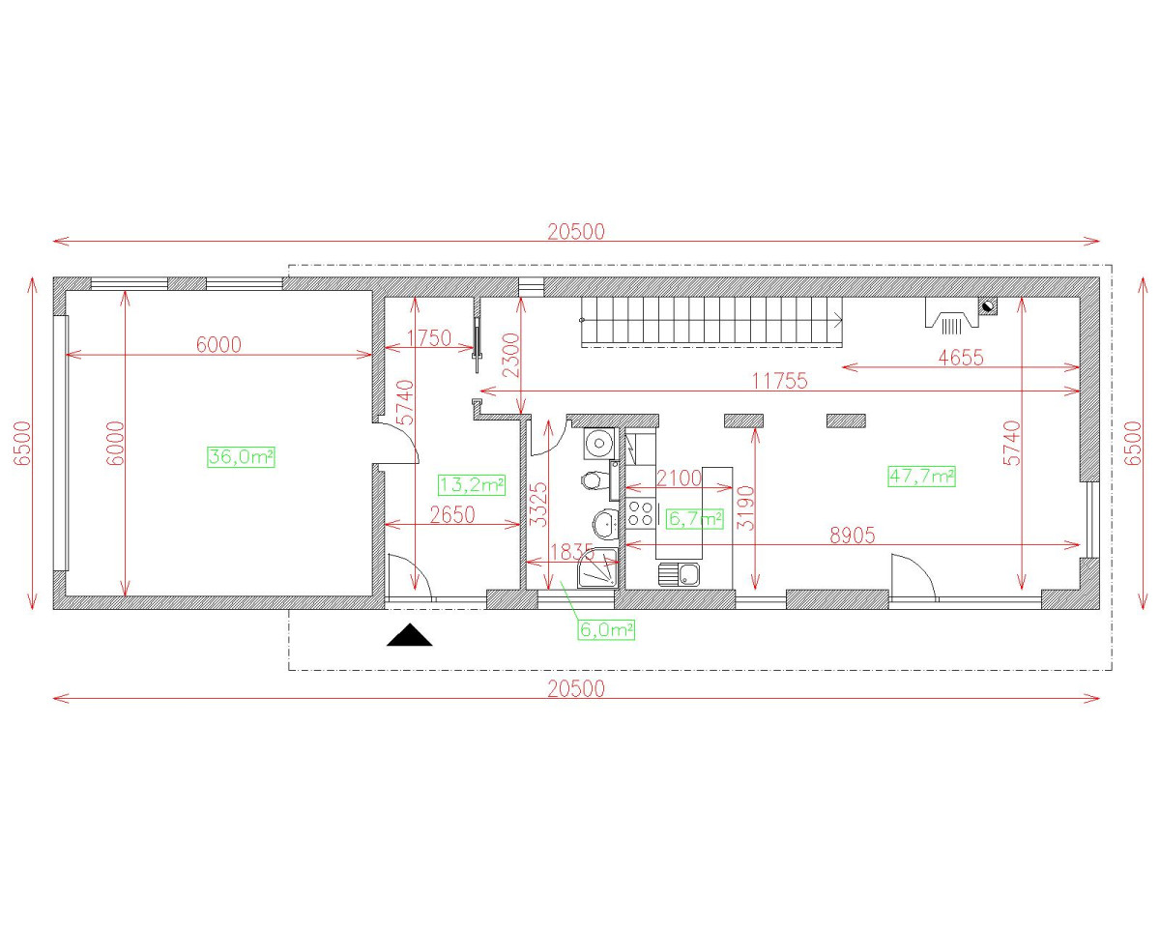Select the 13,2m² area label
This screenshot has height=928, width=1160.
tap(472, 484)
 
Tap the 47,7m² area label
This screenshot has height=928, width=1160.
tap(922, 477)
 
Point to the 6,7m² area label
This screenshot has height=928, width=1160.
tap(695, 519)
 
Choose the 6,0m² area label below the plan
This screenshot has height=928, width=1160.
tap(606, 629)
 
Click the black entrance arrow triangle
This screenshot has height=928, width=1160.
tap(410, 635)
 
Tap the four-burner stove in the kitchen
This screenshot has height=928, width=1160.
tap(641, 513)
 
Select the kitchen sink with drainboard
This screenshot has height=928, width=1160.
tap(680, 574)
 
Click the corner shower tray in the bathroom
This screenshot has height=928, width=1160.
tap(597, 567)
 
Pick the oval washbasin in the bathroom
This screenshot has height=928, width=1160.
tap(606, 523)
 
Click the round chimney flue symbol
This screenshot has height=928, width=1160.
tap(988, 306)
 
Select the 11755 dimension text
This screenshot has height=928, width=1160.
tap(779, 381)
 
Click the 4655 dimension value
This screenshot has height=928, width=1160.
tap(961, 358)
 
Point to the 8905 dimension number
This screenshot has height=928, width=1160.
tap(853, 536)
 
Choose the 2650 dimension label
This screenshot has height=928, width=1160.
tap(452, 515)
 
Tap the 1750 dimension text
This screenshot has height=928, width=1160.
tap(429, 338)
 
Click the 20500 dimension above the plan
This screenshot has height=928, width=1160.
tap(576, 232)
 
